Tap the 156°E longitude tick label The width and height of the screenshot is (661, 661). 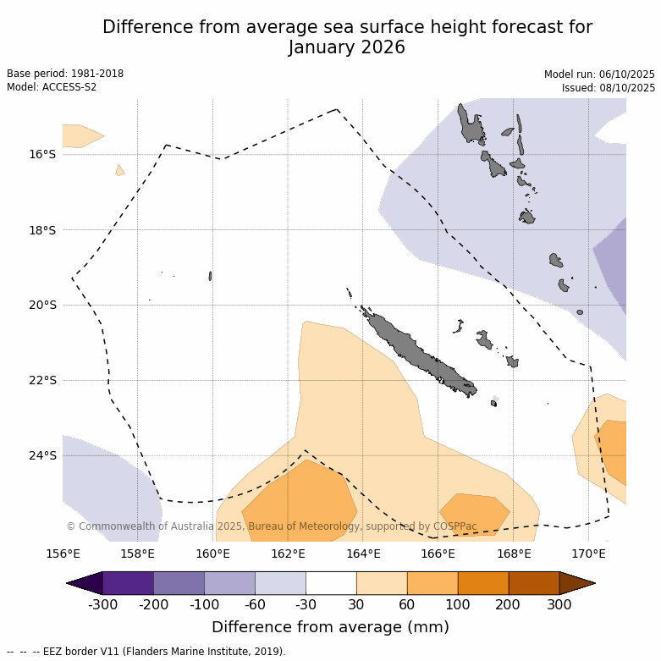pos(63,554)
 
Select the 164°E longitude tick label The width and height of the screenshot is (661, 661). pos(363,554)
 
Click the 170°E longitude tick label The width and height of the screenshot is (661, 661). pos(588,554)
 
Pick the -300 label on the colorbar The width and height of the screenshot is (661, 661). pos(102,604)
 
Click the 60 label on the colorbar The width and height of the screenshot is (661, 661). pos(407,604)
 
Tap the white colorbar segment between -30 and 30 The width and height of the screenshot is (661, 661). pos(331,583)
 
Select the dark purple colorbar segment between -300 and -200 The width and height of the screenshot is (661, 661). pos(128,583)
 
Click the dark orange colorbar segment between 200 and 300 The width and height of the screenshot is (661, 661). pos(534,583)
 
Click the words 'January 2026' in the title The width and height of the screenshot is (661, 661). pos(347,48)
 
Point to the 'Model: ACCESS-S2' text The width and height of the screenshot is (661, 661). pos(52,87)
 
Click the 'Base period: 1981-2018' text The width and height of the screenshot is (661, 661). pos(65,74)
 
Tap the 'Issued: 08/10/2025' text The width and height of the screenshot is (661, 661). pos(609,88)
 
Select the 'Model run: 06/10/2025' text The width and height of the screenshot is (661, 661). pos(599,74)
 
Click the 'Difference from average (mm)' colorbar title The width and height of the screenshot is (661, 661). pos(330,627)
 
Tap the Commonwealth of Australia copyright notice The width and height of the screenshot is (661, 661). pos(272,526)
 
